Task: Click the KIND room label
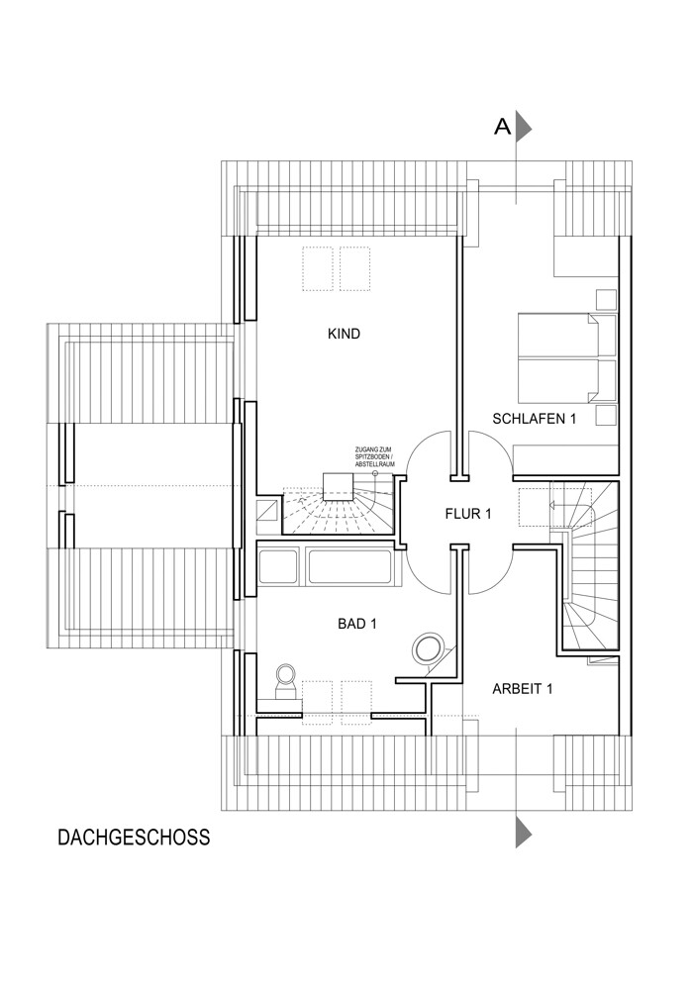click(344, 334)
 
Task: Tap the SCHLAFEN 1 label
click(534, 419)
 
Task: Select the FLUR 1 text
click(467, 514)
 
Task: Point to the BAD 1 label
click(357, 624)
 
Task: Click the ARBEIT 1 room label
click(522, 689)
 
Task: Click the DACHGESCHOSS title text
click(134, 838)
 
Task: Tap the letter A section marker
click(502, 128)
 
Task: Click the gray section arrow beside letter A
click(524, 128)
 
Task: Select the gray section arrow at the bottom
click(524, 833)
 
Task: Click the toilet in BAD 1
click(286, 681)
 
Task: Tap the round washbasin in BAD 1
click(429, 648)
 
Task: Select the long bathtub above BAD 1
click(349, 566)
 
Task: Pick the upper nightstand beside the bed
click(606, 300)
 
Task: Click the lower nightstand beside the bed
click(606, 416)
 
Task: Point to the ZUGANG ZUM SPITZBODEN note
click(375, 455)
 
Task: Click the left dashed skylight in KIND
click(318, 268)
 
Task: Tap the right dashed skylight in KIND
click(354, 268)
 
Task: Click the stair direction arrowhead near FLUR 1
click(552, 505)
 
